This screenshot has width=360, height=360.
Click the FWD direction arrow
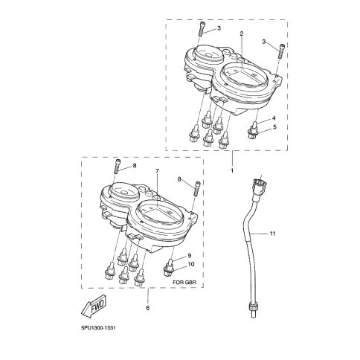tap(94, 306)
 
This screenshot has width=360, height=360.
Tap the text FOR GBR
tap(184, 282)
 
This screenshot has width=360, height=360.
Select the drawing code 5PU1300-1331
tap(98, 328)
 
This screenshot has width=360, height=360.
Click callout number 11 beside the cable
tap(273, 234)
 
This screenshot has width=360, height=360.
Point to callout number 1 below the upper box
tap(232, 170)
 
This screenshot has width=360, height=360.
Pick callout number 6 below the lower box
tap(148, 308)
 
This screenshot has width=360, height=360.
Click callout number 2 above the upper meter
tap(242, 33)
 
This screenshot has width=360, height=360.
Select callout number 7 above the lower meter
tap(157, 171)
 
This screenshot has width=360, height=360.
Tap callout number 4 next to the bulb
tap(274, 118)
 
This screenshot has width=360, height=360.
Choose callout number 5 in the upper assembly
tap(274, 127)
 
